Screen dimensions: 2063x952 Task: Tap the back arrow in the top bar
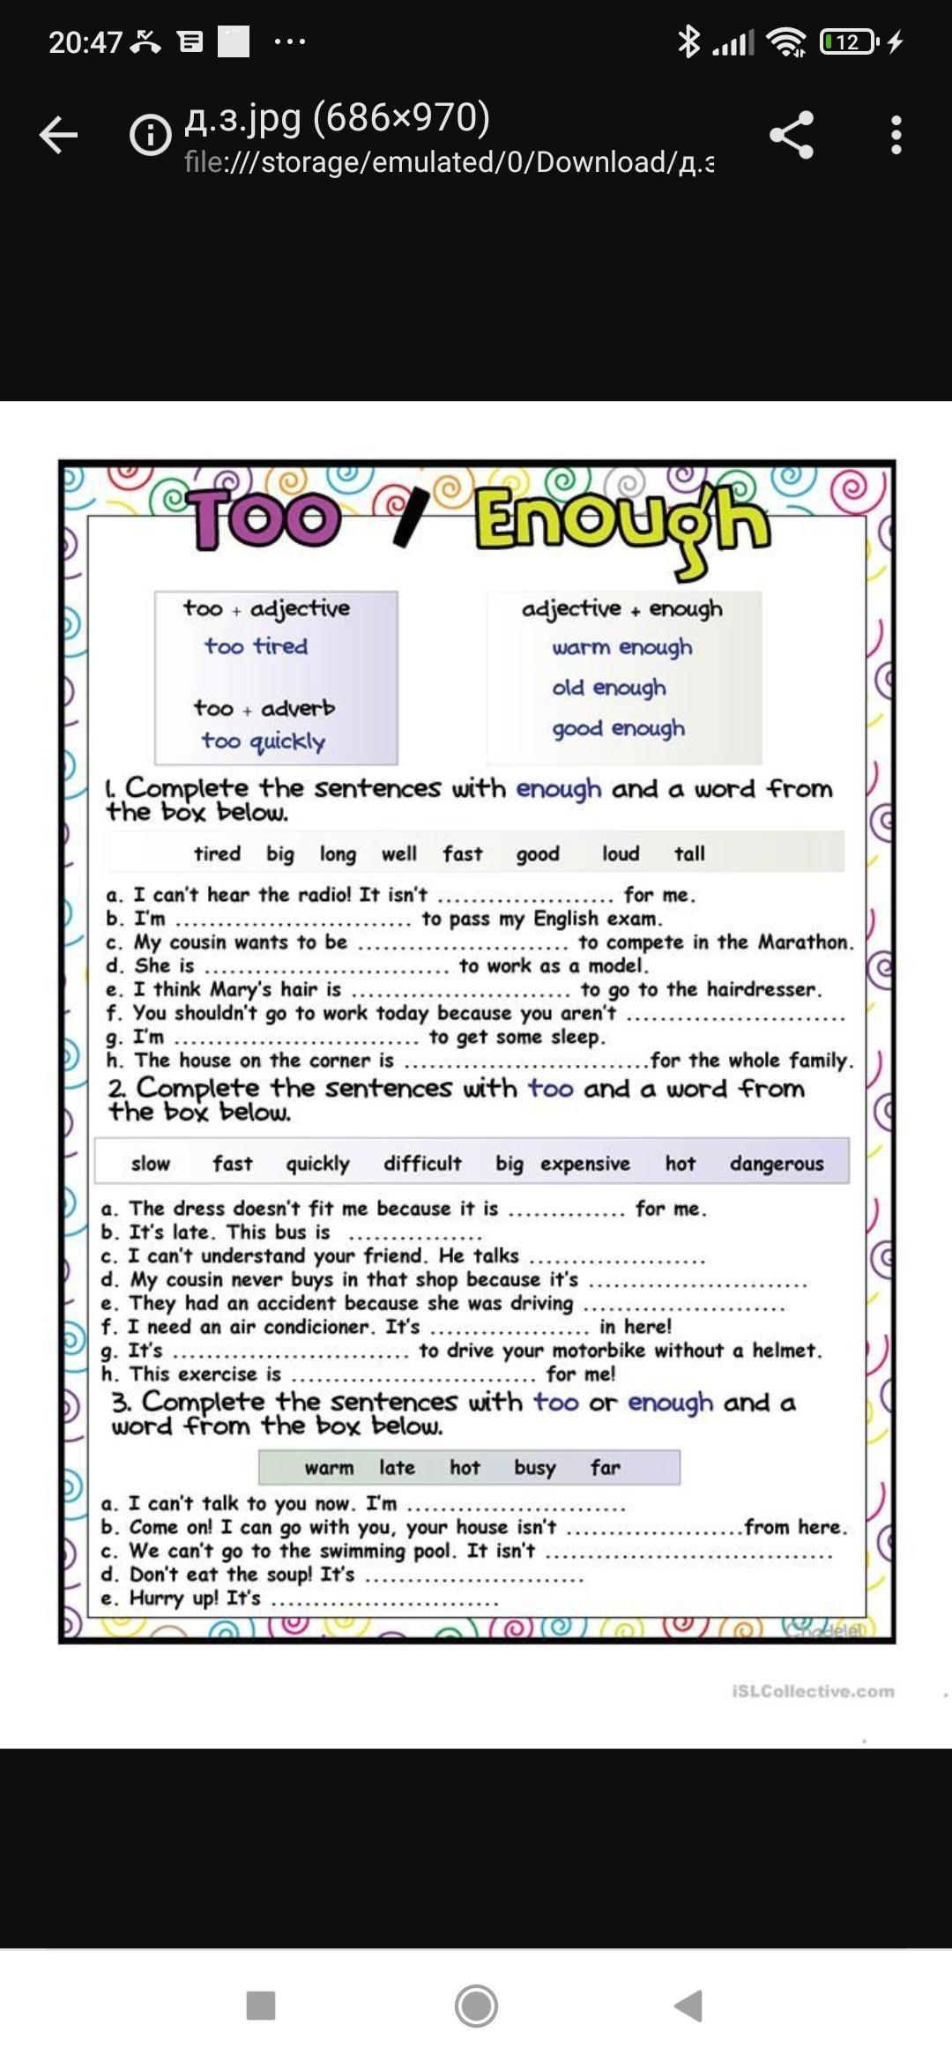(59, 135)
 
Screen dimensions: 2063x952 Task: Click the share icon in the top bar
(791, 135)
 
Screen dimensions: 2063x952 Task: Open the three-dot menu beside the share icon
(896, 135)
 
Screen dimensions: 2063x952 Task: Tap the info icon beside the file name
(151, 135)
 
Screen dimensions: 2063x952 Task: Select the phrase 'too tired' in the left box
(257, 646)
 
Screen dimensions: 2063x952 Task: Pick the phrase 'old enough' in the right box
(609, 688)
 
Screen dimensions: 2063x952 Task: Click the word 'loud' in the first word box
(621, 853)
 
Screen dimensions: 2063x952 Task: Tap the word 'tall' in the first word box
(689, 853)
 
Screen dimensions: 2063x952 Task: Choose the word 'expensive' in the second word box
(585, 1164)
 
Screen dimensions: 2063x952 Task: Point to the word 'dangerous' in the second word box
(777, 1164)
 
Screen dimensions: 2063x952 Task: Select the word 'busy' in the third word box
(535, 1468)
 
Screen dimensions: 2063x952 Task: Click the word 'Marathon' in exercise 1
(804, 942)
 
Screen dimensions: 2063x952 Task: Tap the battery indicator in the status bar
(848, 41)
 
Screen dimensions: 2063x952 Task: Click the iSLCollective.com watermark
(813, 1691)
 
